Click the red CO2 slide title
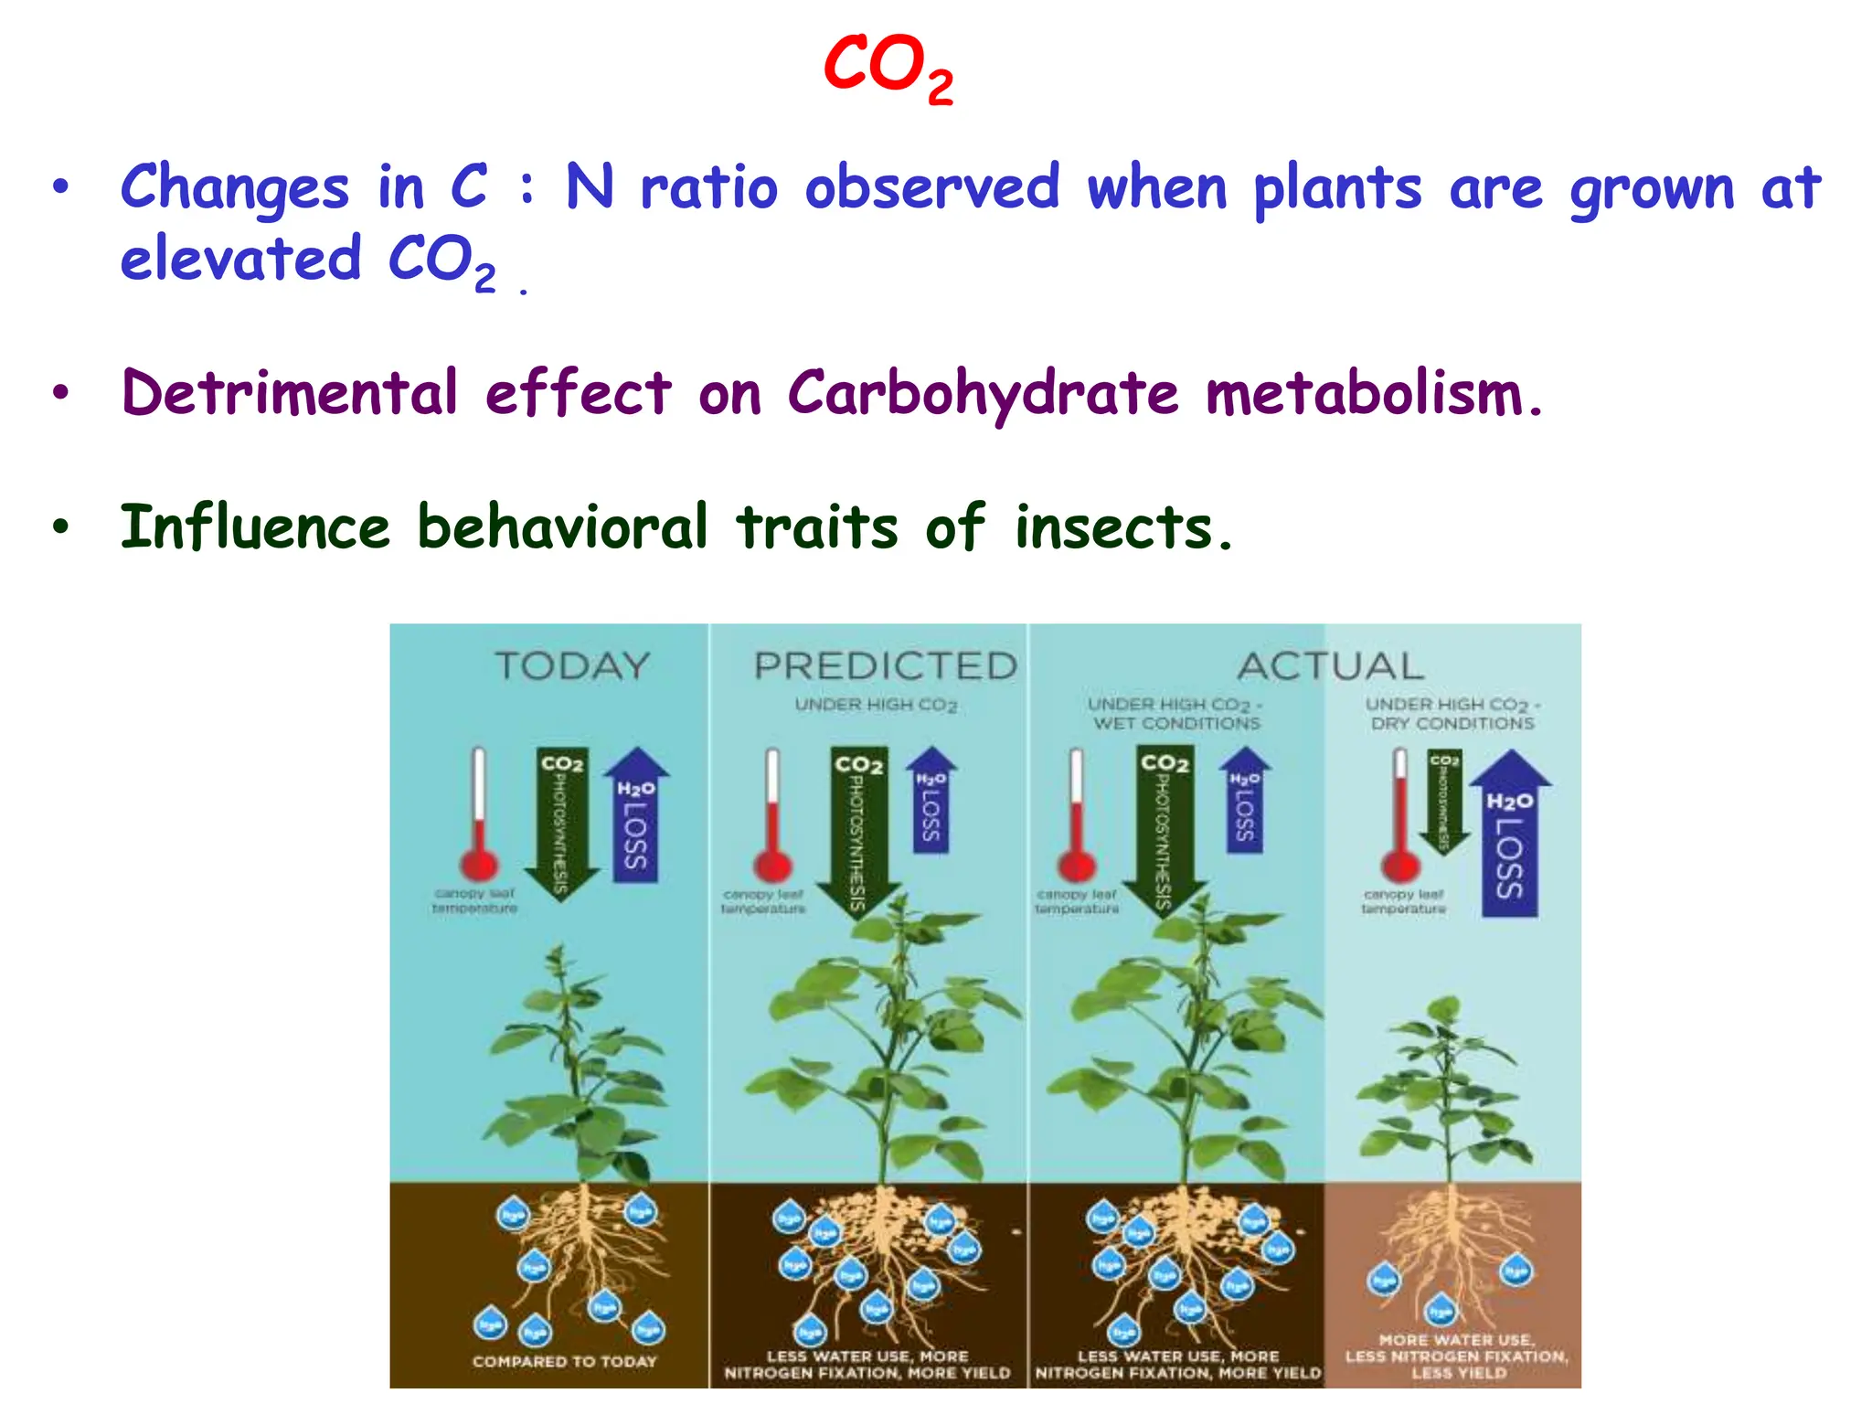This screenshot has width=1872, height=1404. [x=888, y=69]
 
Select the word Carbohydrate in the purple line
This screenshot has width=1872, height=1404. [x=983, y=394]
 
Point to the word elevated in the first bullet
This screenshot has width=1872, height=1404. [x=241, y=260]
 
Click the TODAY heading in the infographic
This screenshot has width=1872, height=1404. [x=573, y=665]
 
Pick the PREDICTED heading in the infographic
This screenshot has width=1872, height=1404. [x=885, y=665]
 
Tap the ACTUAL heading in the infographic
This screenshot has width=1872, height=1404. [x=1331, y=665]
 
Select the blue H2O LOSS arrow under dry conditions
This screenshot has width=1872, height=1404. [x=1510, y=836]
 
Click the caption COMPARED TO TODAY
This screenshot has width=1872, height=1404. [x=564, y=1361]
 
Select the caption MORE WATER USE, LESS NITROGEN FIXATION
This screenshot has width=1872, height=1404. [x=1457, y=1356]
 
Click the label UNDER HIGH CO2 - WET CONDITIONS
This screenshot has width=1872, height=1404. [x=1175, y=714]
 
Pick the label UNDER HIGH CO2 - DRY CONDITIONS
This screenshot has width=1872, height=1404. [x=1452, y=714]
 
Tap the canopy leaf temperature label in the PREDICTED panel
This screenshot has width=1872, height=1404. [x=763, y=901]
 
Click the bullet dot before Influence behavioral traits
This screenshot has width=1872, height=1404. [x=60, y=527]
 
